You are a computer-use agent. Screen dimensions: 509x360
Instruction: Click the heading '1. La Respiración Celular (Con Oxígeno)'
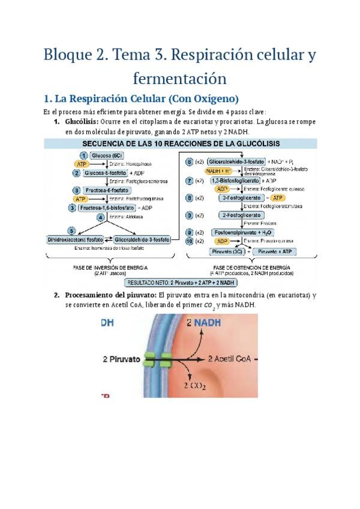point(142,98)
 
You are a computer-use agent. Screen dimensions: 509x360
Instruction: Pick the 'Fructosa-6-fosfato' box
point(106,190)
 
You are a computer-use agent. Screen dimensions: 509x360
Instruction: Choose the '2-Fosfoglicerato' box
point(241,215)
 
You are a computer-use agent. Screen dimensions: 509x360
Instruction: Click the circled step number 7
point(189,180)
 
